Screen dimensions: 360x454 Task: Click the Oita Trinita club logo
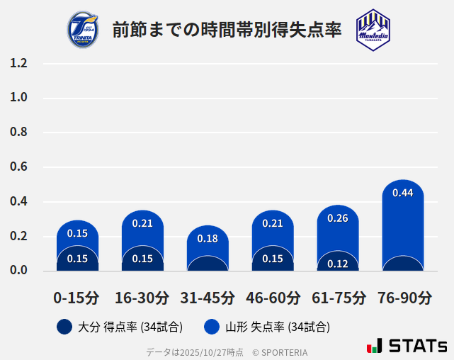(x=82, y=30)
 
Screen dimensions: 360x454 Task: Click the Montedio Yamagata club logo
(x=373, y=30)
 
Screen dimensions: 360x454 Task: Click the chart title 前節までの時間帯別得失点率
(x=227, y=30)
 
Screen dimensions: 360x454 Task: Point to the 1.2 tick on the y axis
(x=19, y=63)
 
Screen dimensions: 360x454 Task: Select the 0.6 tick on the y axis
(x=19, y=167)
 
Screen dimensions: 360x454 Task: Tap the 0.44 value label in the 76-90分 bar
(x=403, y=193)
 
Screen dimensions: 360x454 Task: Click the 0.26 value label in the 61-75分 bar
(x=338, y=218)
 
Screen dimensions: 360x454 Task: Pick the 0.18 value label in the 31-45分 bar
(x=208, y=239)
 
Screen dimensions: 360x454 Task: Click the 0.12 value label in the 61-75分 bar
(x=338, y=264)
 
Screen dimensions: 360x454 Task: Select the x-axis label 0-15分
(x=77, y=298)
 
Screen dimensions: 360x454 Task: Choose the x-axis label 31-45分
(x=208, y=298)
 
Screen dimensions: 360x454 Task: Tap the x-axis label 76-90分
(x=403, y=298)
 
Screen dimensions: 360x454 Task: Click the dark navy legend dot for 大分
(x=64, y=327)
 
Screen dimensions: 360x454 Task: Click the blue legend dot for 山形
(x=211, y=327)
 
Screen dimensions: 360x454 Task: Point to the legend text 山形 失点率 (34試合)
(x=278, y=327)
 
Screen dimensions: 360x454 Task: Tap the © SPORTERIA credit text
(x=280, y=352)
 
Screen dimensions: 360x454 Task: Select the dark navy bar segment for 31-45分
(x=208, y=264)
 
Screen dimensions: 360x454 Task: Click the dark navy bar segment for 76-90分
(x=403, y=264)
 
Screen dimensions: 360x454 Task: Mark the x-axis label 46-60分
(x=273, y=298)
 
